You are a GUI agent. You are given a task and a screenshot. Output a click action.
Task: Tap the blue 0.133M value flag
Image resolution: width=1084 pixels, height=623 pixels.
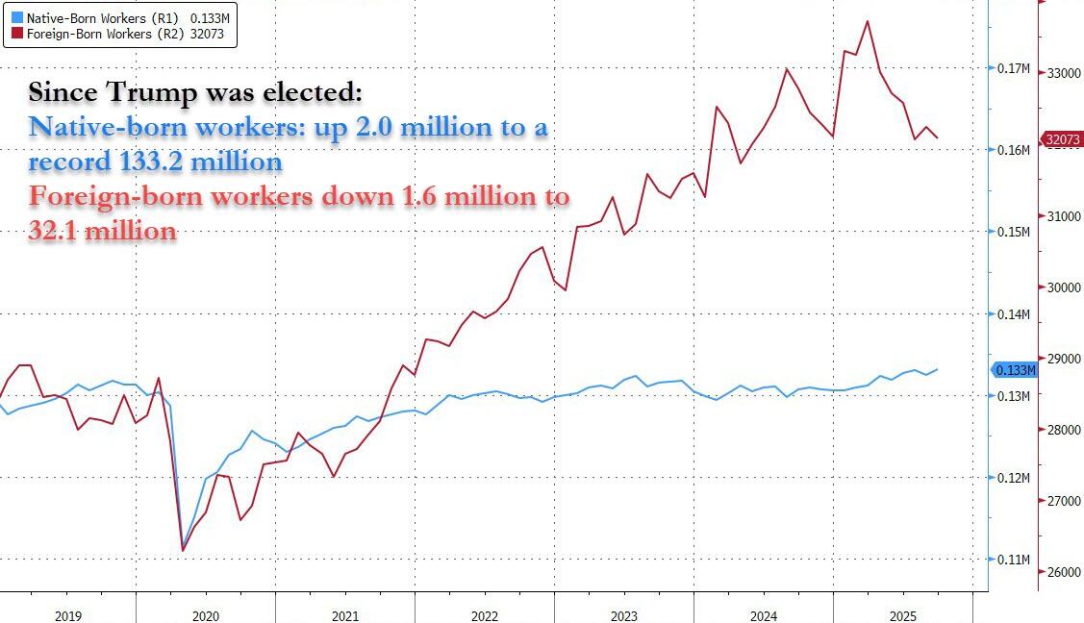[x=1015, y=370]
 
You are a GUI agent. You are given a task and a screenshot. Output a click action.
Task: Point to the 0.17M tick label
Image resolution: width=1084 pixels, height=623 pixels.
[x=1015, y=69]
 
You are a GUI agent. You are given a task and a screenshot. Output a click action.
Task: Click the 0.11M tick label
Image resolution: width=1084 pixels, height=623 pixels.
[x=1015, y=560]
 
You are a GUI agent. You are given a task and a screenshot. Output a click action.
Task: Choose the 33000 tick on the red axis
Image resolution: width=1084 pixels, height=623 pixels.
[x=1064, y=73]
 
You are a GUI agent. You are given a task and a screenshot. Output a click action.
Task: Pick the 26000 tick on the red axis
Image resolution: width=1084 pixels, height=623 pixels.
[x=1064, y=573]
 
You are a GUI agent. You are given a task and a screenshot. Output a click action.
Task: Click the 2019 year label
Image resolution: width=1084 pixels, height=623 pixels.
[x=67, y=614]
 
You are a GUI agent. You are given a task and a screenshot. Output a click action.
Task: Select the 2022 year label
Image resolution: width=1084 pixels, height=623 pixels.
[x=485, y=614]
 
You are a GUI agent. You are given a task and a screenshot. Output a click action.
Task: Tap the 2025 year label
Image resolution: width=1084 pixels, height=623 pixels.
[x=902, y=614]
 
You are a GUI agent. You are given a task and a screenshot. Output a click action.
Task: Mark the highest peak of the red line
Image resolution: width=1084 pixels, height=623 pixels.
[x=868, y=20]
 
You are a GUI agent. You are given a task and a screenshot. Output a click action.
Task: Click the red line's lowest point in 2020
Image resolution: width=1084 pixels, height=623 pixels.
[x=183, y=551]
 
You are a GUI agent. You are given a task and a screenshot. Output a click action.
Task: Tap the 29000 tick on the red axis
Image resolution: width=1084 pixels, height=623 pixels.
[x=1064, y=359]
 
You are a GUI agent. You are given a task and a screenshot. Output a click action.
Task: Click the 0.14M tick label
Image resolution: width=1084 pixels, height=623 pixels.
[x=1015, y=314]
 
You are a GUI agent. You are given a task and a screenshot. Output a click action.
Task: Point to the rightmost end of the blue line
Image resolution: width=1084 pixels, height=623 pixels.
[x=938, y=369]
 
